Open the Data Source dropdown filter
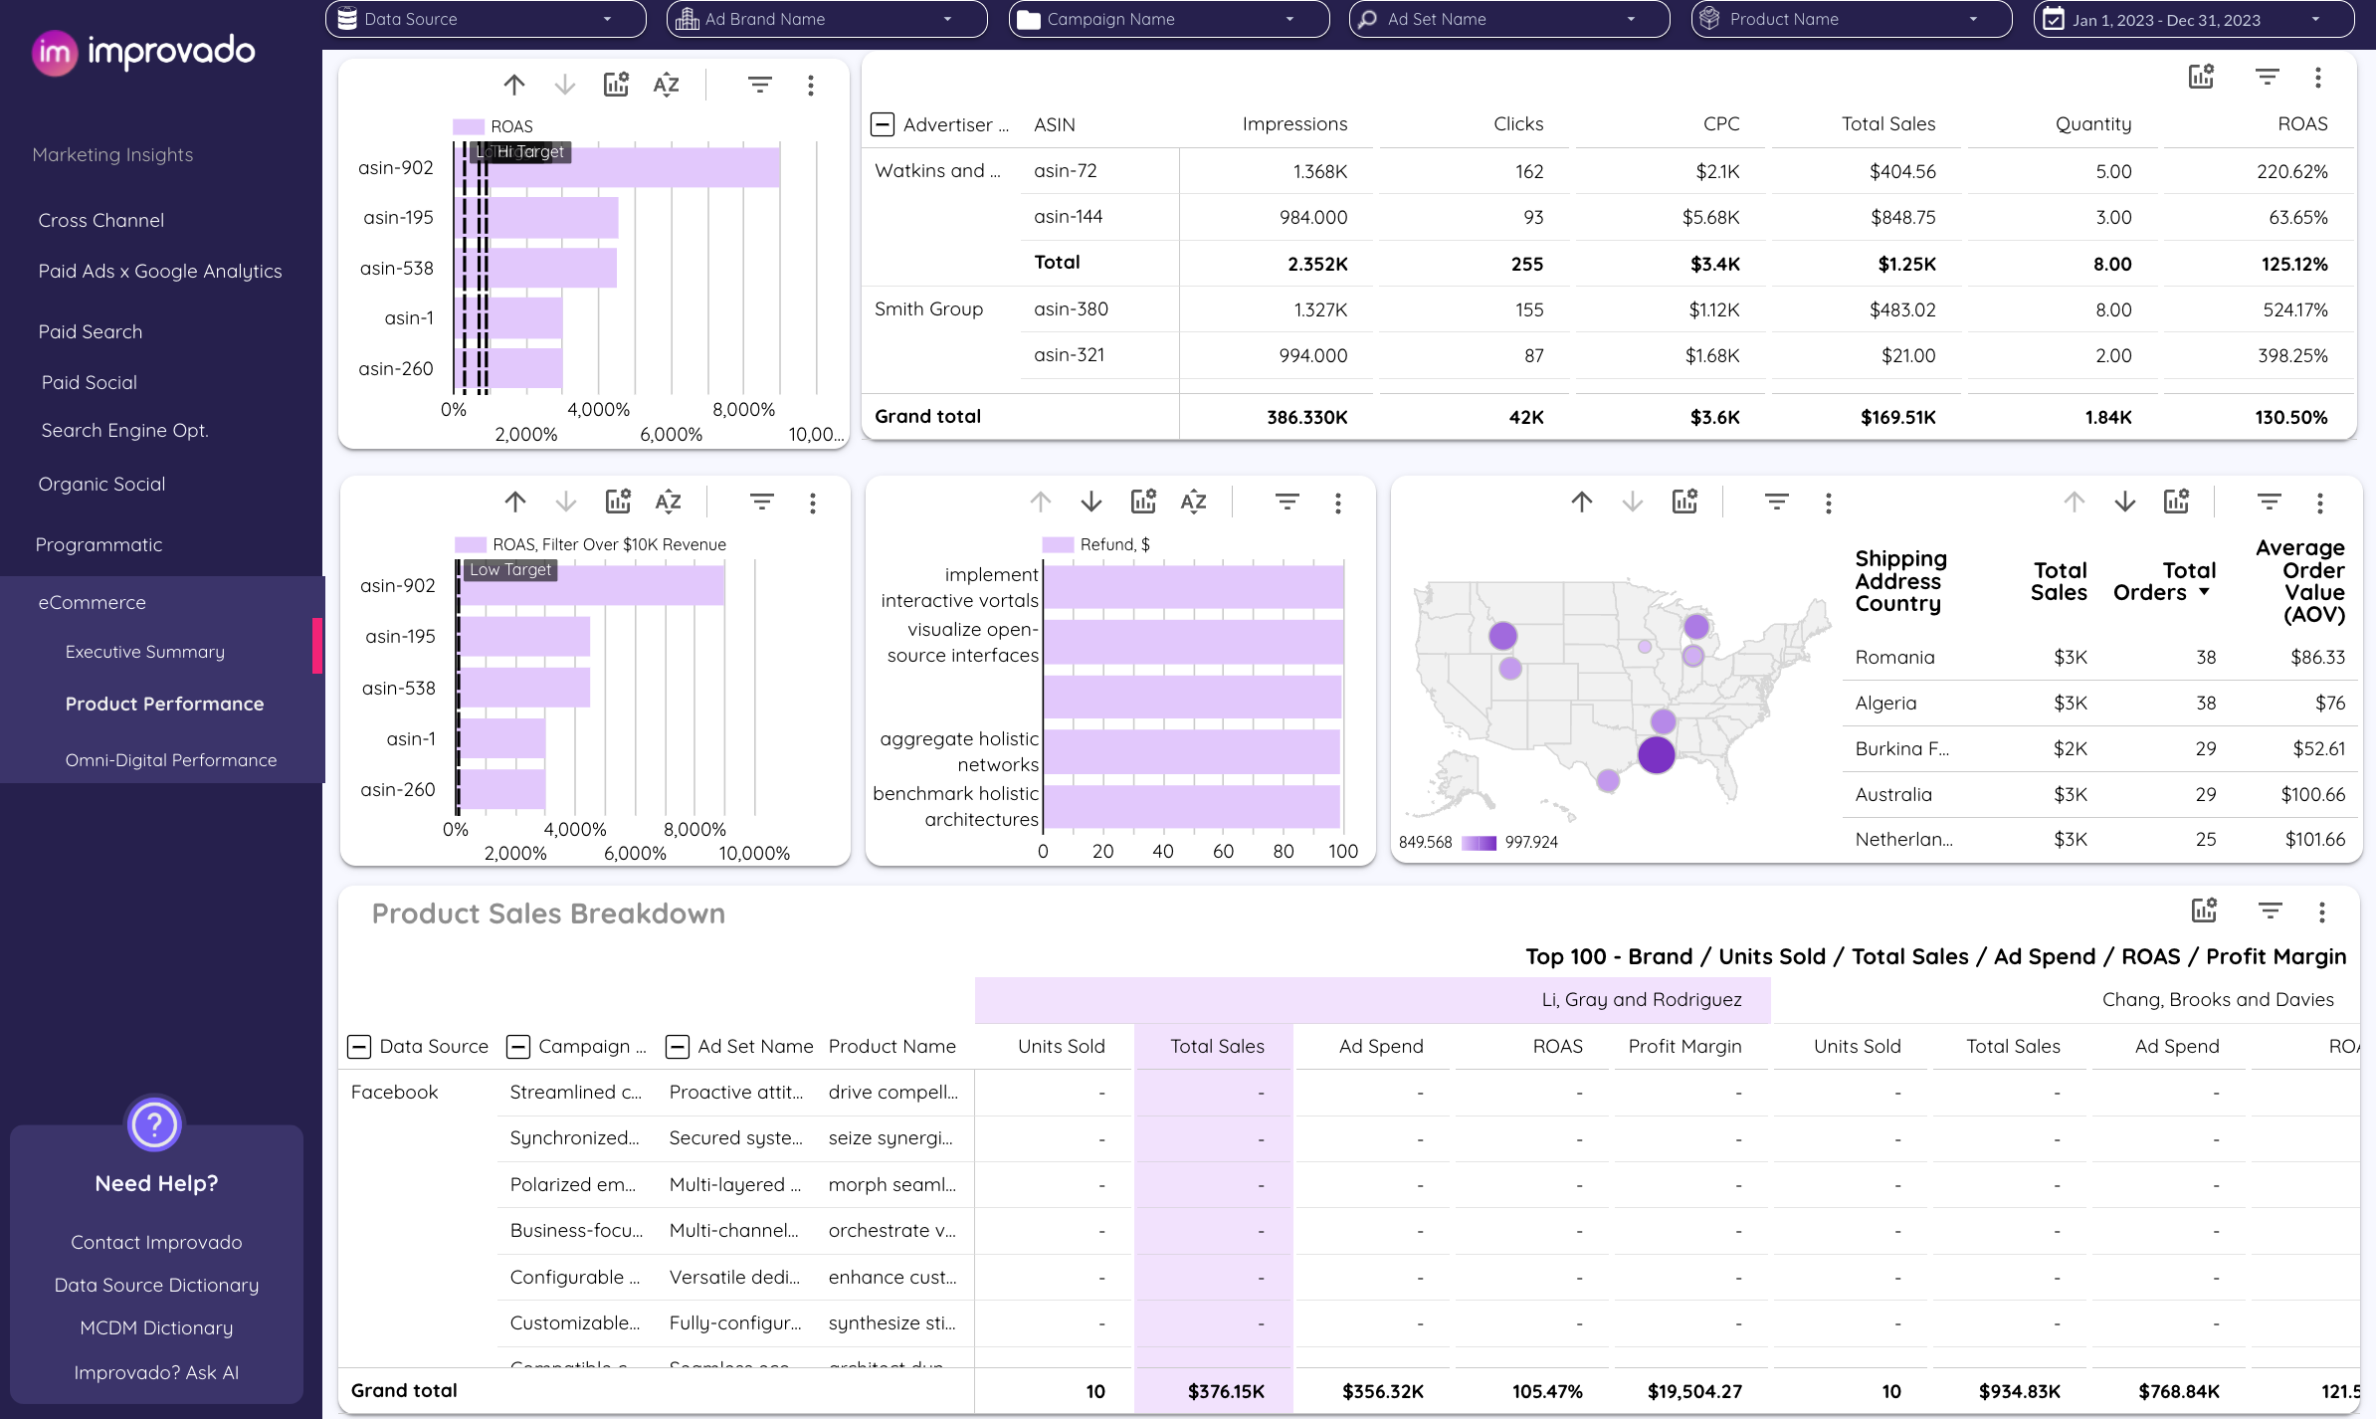485,19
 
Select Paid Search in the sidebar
91,332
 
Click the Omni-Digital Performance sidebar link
171,760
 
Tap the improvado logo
143,52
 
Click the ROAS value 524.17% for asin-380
2294,310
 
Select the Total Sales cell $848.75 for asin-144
1902,218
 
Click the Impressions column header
1293,124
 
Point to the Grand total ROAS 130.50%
2290,418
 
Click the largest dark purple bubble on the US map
1657,754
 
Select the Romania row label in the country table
1894,658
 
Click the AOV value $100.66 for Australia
2312,795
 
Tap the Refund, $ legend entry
1113,545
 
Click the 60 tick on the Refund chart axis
1223,852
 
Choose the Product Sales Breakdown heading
548,913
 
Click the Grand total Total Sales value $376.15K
1225,1392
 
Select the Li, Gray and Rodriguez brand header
1641,1000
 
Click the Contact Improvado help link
156,1243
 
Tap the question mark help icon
154,1125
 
